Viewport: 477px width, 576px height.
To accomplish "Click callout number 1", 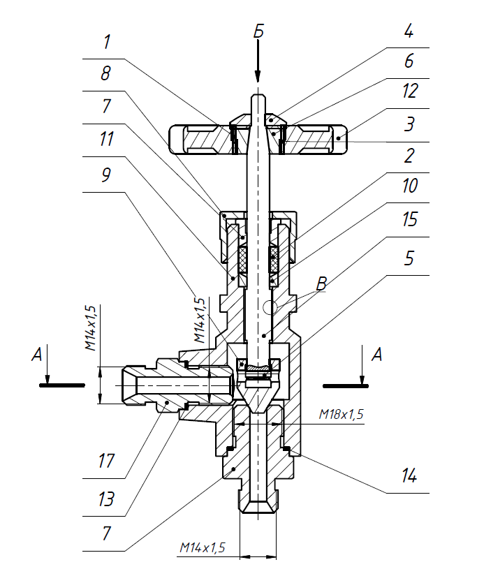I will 106,43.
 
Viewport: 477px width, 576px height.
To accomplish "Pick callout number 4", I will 409,32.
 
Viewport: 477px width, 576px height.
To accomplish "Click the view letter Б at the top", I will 258,31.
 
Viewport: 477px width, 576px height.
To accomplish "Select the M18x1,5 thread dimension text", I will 342,415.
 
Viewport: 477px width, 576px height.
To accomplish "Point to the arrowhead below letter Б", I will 258,78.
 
